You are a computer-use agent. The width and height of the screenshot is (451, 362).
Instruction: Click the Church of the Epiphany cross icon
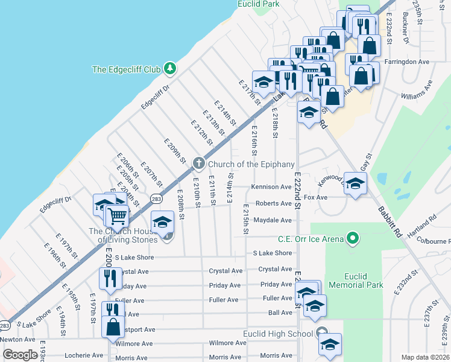[x=199, y=164]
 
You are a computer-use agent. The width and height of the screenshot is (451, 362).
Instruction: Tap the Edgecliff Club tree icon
[x=171, y=69]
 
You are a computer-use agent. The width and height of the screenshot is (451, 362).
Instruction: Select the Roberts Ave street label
[x=273, y=204]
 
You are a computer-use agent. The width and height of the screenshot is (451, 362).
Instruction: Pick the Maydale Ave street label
[x=272, y=220]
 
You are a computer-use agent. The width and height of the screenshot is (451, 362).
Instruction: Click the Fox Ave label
[x=316, y=197]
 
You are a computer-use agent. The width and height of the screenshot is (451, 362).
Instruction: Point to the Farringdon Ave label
[x=408, y=62]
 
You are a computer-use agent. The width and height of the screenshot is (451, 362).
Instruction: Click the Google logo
[x=20, y=355]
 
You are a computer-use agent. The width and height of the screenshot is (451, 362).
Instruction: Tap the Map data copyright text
[x=425, y=357]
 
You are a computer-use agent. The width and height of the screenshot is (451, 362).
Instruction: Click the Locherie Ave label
[x=84, y=355]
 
